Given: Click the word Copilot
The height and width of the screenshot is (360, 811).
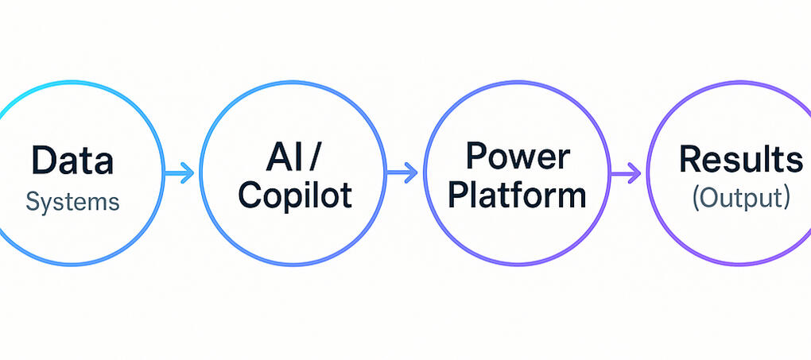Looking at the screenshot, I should coord(295,194).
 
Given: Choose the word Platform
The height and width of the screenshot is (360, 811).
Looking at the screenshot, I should coord(518,194).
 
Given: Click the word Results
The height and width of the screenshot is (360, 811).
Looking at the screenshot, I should coord(740,160).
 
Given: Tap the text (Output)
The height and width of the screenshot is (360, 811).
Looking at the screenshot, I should coord(740,198).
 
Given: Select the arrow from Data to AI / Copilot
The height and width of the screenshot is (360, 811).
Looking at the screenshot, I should coord(179,172).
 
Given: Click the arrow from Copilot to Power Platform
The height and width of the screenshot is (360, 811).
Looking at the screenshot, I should coord(402,171).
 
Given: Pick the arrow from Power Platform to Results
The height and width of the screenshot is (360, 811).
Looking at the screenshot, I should coord(626,171).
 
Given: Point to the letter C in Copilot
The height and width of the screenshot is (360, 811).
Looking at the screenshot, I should coord(251,194).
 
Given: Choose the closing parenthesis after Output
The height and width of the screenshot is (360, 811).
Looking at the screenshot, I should coord(786,198).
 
